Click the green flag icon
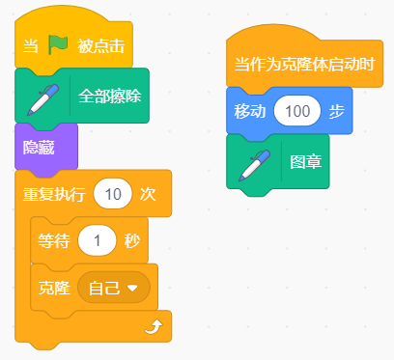pos(58,44)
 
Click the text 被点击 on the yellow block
pos(100,46)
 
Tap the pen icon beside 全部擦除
pos(42,99)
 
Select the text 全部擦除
pos(110,96)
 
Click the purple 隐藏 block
pos(46,148)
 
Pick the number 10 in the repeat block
pos(113,194)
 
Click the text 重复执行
pos(54,194)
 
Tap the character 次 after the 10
pos(148,194)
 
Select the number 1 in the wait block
pos(97,240)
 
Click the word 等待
pos(54,240)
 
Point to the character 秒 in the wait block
pos(132,240)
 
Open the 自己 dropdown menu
pos(114,288)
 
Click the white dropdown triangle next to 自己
pos(132,288)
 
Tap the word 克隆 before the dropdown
pos(54,288)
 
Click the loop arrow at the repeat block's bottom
pos(154,327)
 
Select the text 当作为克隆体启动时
pos(304,64)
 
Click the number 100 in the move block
pos(297,111)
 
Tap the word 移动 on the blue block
pos(250,111)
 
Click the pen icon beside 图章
pos(254,165)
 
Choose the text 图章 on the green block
pos(306,161)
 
